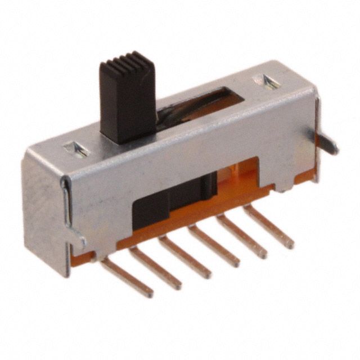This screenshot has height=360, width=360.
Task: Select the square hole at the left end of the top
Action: point(76,149)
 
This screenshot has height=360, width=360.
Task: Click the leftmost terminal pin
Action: point(128,278)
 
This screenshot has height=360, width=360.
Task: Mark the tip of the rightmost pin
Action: point(290,245)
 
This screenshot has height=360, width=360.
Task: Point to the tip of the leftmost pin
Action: point(150,294)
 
